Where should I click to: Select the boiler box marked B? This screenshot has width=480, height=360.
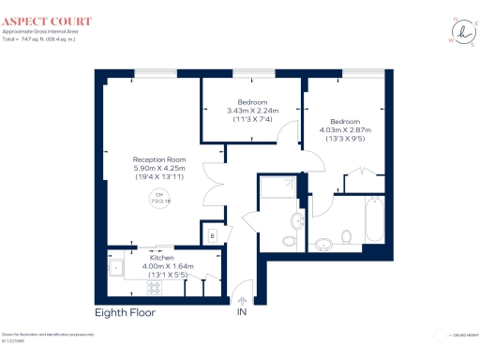point(213,236)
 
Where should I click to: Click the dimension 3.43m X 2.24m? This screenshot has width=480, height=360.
point(252,111)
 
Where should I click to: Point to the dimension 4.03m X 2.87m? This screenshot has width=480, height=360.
point(345,130)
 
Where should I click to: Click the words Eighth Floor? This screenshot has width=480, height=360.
point(125,312)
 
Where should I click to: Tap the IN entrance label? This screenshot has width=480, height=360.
point(242,312)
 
